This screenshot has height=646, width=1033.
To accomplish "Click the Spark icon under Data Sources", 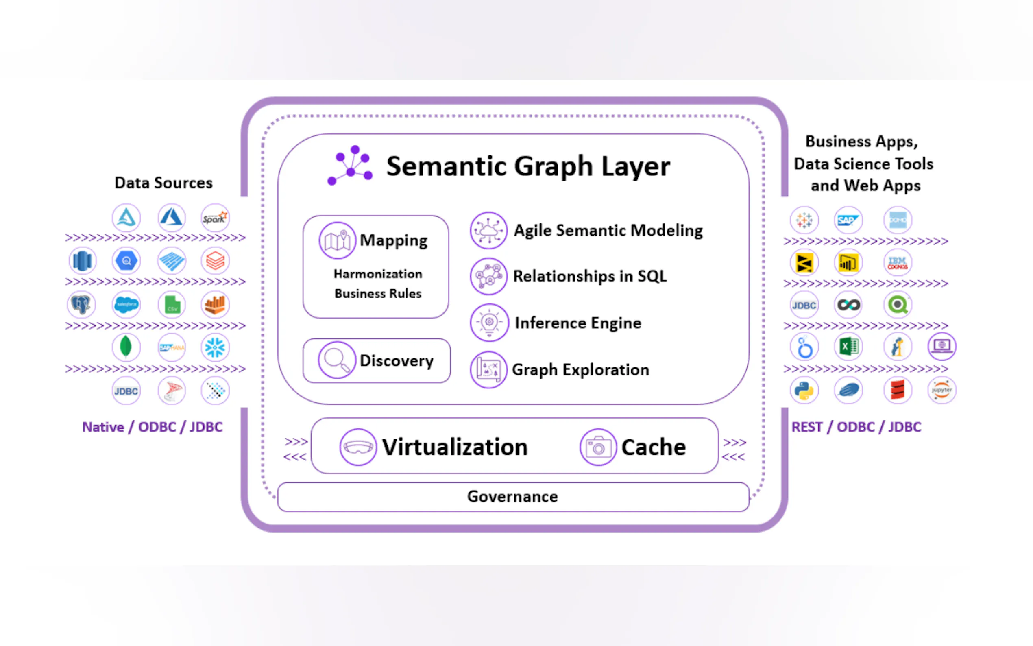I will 215,218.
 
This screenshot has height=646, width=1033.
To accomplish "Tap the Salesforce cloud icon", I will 126,305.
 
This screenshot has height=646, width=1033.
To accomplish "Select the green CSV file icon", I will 172,305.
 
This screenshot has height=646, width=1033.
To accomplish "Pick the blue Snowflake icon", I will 215,347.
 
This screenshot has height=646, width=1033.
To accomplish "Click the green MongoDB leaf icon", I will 126,347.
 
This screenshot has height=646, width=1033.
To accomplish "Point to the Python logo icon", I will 804,390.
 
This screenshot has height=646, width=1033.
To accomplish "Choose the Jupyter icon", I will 941,390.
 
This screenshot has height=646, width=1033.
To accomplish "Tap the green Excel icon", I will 848,347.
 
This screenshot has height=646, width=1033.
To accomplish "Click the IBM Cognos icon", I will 897,263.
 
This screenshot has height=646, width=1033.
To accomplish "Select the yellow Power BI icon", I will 848,263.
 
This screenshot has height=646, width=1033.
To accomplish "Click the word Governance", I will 512,496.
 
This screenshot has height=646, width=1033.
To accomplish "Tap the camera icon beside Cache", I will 598,447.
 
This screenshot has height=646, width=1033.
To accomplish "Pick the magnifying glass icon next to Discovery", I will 336,360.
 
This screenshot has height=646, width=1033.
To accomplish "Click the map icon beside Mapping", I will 337,240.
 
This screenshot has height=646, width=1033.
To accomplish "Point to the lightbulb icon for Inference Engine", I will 489,323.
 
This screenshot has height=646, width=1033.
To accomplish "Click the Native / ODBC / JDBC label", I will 153,427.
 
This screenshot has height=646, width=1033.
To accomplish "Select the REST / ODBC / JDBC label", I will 856,427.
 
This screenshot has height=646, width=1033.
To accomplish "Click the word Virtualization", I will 455,447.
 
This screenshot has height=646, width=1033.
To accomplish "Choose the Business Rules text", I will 378,294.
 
